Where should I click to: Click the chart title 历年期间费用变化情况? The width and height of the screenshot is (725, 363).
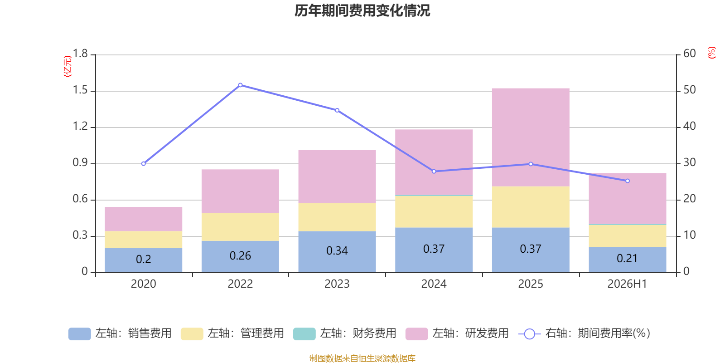click(x=362, y=11)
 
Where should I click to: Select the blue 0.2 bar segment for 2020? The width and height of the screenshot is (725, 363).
click(x=143, y=260)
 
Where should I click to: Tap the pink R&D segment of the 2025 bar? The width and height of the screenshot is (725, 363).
click(x=531, y=137)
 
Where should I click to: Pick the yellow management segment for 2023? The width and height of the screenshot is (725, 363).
click(x=337, y=217)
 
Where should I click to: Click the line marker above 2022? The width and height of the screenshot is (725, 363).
click(x=240, y=85)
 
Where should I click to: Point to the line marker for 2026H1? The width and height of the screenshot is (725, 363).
click(x=627, y=181)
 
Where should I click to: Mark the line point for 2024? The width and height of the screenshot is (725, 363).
click(x=434, y=172)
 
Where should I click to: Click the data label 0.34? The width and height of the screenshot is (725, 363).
click(x=337, y=250)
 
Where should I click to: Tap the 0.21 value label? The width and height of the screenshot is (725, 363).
click(x=627, y=258)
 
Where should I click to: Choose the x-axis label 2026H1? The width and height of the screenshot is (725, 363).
click(x=627, y=284)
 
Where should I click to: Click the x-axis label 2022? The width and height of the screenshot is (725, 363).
click(x=240, y=284)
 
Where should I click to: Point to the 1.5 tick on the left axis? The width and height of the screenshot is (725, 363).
click(x=80, y=90)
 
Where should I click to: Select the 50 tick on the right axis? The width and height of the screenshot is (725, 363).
click(x=689, y=90)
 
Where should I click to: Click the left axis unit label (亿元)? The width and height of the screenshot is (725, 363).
click(x=68, y=66)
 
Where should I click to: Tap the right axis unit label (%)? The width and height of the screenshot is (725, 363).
click(x=711, y=53)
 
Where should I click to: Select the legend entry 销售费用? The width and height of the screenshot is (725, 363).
click(x=120, y=334)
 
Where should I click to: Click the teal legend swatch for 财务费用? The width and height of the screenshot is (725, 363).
click(x=304, y=334)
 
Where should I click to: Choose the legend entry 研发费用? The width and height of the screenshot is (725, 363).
click(x=457, y=334)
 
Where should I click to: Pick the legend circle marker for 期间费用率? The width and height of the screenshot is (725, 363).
click(x=530, y=334)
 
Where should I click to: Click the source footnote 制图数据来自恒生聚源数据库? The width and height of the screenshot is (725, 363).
click(x=362, y=358)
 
